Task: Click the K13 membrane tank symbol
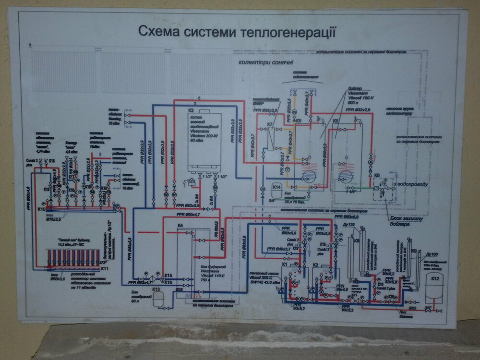pos(156,300)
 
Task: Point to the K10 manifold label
pos(41,209)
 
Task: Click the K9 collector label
pos(414,251)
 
